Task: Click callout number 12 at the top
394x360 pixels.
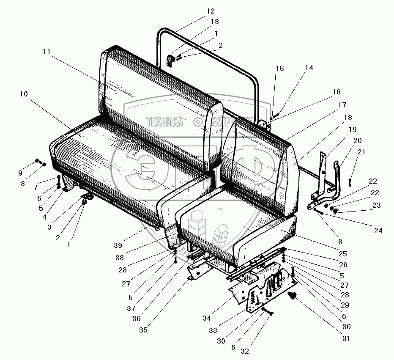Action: point(210,11)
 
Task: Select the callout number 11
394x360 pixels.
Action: point(47,52)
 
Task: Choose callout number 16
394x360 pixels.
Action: point(336,92)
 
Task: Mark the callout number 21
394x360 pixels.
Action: point(361,152)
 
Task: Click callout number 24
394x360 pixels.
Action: point(378,231)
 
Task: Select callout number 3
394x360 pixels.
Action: point(49,227)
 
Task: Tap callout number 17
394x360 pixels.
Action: point(342,104)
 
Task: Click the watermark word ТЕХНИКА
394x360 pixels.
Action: point(164,122)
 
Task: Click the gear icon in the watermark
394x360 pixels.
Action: point(197,122)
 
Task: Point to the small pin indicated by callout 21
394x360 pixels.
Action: point(351,182)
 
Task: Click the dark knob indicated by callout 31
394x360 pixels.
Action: point(290,296)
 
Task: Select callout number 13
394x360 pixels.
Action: point(215,22)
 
